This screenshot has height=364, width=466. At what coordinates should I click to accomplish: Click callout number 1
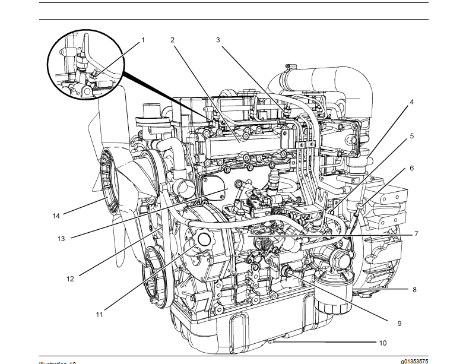pyautogui.click(x=142, y=41)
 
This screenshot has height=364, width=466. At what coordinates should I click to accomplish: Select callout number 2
pyautogui.click(x=172, y=40)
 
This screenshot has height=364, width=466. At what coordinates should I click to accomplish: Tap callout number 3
pyautogui.click(x=218, y=40)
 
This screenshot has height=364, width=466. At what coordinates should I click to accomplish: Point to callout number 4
pyautogui.click(x=411, y=102)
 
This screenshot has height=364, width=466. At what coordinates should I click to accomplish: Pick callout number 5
pyautogui.click(x=411, y=136)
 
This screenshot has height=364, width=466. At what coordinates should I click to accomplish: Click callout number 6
pyautogui.click(x=411, y=168)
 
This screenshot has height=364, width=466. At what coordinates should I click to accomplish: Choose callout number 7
pyautogui.click(x=416, y=234)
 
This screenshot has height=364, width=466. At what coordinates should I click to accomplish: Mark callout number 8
pyautogui.click(x=414, y=290)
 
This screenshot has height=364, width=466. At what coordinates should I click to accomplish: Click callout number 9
pyautogui.click(x=399, y=323)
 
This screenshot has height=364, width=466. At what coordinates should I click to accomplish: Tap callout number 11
pyautogui.click(x=99, y=314)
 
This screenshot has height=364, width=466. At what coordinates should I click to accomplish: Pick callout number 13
pyautogui.click(x=61, y=239)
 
